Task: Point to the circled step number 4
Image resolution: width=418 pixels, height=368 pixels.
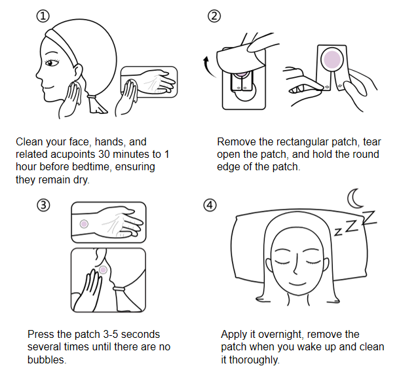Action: pyautogui.click(x=210, y=205)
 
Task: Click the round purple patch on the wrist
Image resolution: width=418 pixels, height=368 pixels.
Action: pyautogui.click(x=84, y=224)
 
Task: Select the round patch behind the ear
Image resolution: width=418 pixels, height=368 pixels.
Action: pyautogui.click(x=103, y=268)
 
